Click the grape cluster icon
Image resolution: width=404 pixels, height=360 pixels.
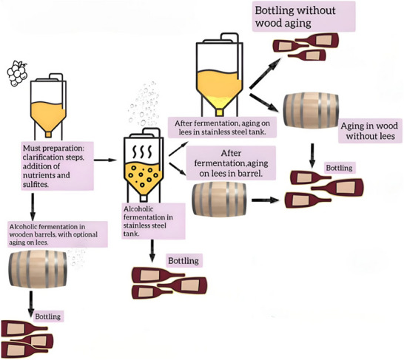pos(17,73)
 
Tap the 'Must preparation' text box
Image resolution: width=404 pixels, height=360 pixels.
pos(57,166)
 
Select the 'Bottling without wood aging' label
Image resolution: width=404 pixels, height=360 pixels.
pos(303,16)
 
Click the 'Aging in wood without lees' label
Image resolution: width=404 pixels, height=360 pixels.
pos(370,131)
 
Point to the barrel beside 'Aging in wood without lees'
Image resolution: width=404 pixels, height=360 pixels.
pos(311,110)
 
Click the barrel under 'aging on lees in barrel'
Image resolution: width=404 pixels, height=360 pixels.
pos(219,199)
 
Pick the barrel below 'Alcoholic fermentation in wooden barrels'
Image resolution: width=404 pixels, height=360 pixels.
pos(38,269)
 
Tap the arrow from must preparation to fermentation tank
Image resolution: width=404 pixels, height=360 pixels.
pos(105,160)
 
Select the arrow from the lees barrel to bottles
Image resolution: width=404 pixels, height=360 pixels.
pos(266,200)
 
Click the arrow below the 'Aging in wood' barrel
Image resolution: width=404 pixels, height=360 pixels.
pos(312,155)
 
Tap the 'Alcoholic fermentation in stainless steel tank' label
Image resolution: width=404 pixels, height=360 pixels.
pos(153,221)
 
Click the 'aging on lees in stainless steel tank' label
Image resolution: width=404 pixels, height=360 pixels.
pos(223,127)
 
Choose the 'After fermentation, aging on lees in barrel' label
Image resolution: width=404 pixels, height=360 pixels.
pos(231,163)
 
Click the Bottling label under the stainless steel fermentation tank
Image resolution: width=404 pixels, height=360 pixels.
pos(184,261)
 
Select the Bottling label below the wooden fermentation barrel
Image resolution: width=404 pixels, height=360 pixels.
pos(48,316)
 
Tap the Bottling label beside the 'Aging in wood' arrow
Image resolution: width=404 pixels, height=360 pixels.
pos(340,168)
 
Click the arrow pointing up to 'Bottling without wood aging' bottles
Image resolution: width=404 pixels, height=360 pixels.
pos(266,73)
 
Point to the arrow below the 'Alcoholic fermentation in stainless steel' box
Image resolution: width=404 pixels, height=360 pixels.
pos(152,251)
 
